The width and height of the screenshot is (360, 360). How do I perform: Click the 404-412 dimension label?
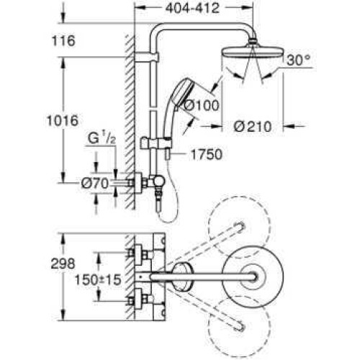[193, 9]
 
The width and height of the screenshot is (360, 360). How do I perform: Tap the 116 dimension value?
[63, 41]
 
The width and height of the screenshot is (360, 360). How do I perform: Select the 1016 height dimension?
[63, 120]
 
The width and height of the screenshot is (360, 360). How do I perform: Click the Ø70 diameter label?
[95, 184]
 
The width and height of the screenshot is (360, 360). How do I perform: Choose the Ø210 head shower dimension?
[253, 127]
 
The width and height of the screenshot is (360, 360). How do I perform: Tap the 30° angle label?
[299, 60]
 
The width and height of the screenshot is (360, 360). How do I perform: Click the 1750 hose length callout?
[207, 155]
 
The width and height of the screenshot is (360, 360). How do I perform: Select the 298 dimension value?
[63, 264]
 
